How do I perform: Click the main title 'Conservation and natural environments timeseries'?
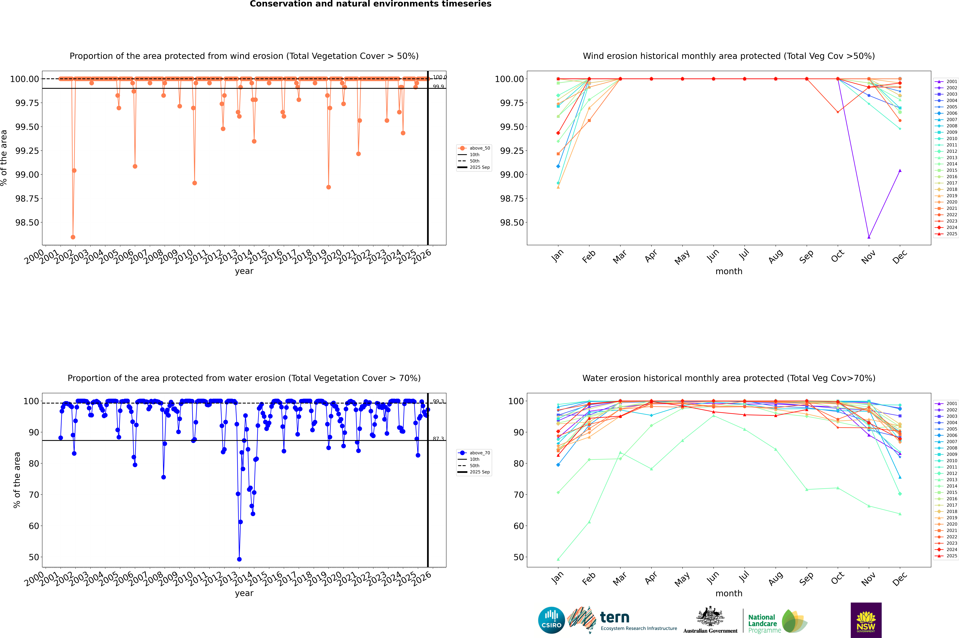370,4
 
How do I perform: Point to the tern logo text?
615,618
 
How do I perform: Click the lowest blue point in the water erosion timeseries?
239,559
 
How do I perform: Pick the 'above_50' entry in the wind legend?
479,148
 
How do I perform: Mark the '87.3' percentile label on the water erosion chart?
438,439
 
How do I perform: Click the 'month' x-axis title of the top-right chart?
728,271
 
